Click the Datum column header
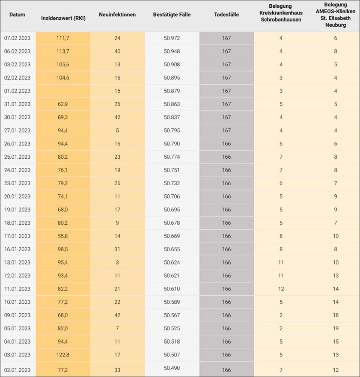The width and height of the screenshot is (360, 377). [17, 15]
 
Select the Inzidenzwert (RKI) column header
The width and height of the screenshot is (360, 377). [63, 18]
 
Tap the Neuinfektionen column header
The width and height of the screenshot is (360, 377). [117, 15]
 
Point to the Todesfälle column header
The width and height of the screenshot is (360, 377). [226, 15]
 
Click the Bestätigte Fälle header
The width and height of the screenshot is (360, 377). [172, 15]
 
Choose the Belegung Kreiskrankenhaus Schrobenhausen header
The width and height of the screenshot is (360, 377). [281, 13]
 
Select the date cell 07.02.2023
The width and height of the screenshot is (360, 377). [17, 38]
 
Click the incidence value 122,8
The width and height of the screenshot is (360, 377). [63, 355]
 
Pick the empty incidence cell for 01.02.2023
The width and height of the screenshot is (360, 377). [63, 91]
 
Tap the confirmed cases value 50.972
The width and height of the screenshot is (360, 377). [172, 38]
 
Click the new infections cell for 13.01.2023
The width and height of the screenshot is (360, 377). [117, 263]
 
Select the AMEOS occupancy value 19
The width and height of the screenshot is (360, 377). [336, 329]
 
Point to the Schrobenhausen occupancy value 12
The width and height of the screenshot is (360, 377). [281, 289]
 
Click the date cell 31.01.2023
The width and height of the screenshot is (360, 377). [17, 104]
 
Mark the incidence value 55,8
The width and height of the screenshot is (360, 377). [63, 236]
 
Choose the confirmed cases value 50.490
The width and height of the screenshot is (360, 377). [172, 368]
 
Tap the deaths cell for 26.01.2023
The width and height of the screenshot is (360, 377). [226, 144]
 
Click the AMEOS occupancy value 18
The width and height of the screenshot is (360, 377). [336, 315]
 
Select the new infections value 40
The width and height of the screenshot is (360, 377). [117, 51]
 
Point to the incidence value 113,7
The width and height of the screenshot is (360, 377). [63, 51]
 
